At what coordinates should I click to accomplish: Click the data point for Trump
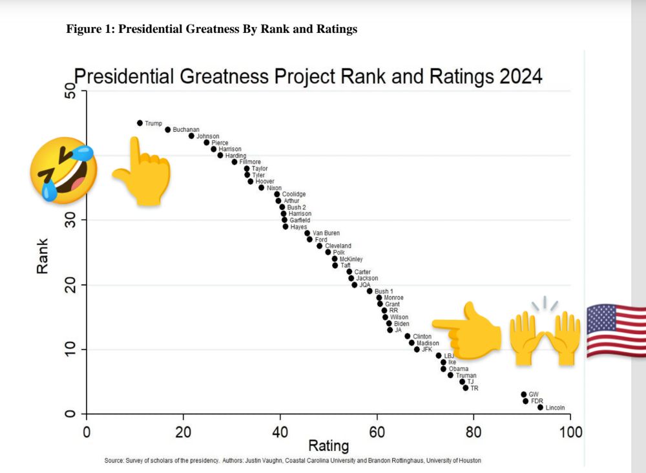[x=140, y=123]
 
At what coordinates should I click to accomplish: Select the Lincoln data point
[x=540, y=408]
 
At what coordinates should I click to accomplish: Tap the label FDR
[x=537, y=401]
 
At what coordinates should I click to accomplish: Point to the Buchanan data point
[x=167, y=129]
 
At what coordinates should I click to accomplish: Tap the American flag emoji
[x=616, y=330]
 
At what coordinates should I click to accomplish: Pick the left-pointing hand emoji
[x=466, y=330]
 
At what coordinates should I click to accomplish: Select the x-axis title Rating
[x=328, y=446]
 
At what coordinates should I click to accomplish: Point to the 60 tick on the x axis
[x=377, y=432]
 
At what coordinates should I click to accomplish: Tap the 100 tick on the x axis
[x=570, y=432]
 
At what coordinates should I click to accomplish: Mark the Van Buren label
[x=326, y=233]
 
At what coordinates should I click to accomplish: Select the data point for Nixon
[x=261, y=187]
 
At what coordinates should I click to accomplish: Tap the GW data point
[x=523, y=394]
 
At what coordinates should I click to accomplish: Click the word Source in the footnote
[x=114, y=461]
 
